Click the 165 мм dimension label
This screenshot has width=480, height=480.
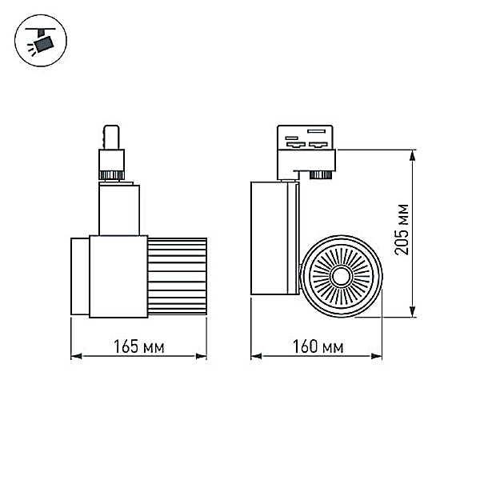point(139,346)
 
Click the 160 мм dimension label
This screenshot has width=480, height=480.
point(318,346)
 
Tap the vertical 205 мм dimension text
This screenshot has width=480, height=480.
point(402,230)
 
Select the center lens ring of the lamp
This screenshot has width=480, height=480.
point(341,277)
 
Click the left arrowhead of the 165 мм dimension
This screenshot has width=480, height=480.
point(76,356)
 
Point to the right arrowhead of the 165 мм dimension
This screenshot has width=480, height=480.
point(201,356)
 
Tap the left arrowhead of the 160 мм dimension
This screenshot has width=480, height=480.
point(256,356)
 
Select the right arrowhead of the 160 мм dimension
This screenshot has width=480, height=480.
point(377,356)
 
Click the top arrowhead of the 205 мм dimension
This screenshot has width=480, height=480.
point(413,155)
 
